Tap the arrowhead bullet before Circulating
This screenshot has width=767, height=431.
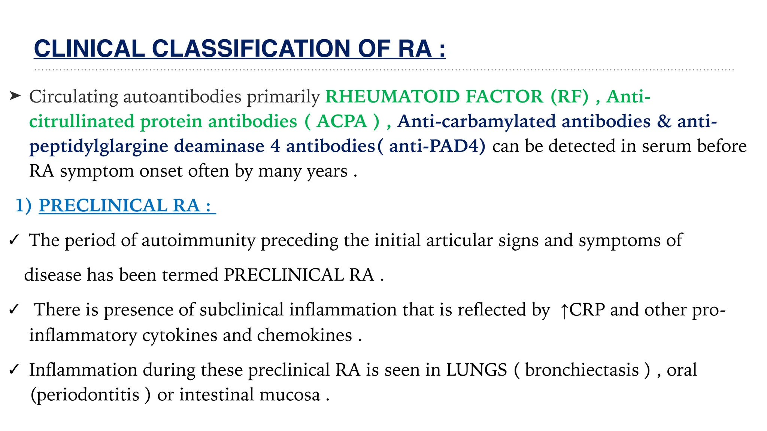click(15, 96)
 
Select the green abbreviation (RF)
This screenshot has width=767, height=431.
click(569, 97)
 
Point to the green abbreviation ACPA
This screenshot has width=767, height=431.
click(342, 121)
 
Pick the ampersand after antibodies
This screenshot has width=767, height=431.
click(664, 121)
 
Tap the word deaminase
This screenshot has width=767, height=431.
click(219, 146)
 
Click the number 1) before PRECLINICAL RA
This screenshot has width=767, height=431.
click(23, 205)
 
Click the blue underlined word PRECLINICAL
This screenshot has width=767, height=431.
click(103, 205)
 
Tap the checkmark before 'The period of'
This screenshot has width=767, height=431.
click(14, 240)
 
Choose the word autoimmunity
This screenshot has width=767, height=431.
click(198, 240)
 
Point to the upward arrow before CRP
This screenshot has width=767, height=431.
click(564, 311)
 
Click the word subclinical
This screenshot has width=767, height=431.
click(242, 310)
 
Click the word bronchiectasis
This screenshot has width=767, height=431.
click(582, 370)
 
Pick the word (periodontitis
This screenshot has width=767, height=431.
click(85, 395)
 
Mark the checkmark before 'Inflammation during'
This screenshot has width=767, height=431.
click(14, 370)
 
